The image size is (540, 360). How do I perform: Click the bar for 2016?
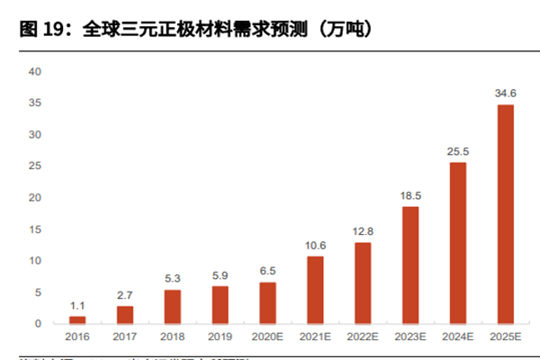pyautogui.click(x=77, y=319)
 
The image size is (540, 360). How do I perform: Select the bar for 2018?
pyautogui.click(x=173, y=306)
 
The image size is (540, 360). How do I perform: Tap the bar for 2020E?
pyautogui.click(x=267, y=302)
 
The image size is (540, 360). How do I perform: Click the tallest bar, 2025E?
pyautogui.click(x=505, y=214)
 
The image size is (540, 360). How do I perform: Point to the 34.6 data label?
pyautogui.click(x=505, y=94)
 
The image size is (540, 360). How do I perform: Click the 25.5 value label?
pyautogui.click(x=457, y=151)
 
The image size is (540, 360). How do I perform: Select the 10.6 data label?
pyautogui.click(x=315, y=245)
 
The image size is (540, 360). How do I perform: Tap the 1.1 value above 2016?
pyautogui.click(x=77, y=305)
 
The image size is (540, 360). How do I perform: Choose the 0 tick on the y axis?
pyautogui.click(x=37, y=323)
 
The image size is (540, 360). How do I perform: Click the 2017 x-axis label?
pyautogui.click(x=125, y=337)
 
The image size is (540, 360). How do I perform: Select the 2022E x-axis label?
pyautogui.click(x=363, y=337)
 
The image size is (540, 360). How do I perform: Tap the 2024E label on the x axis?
pyautogui.click(x=457, y=337)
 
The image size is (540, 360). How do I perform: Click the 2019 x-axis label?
pyautogui.click(x=220, y=337)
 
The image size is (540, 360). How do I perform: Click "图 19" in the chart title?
pyautogui.click(x=40, y=30)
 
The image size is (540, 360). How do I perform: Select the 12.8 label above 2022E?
pyautogui.click(x=363, y=231)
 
